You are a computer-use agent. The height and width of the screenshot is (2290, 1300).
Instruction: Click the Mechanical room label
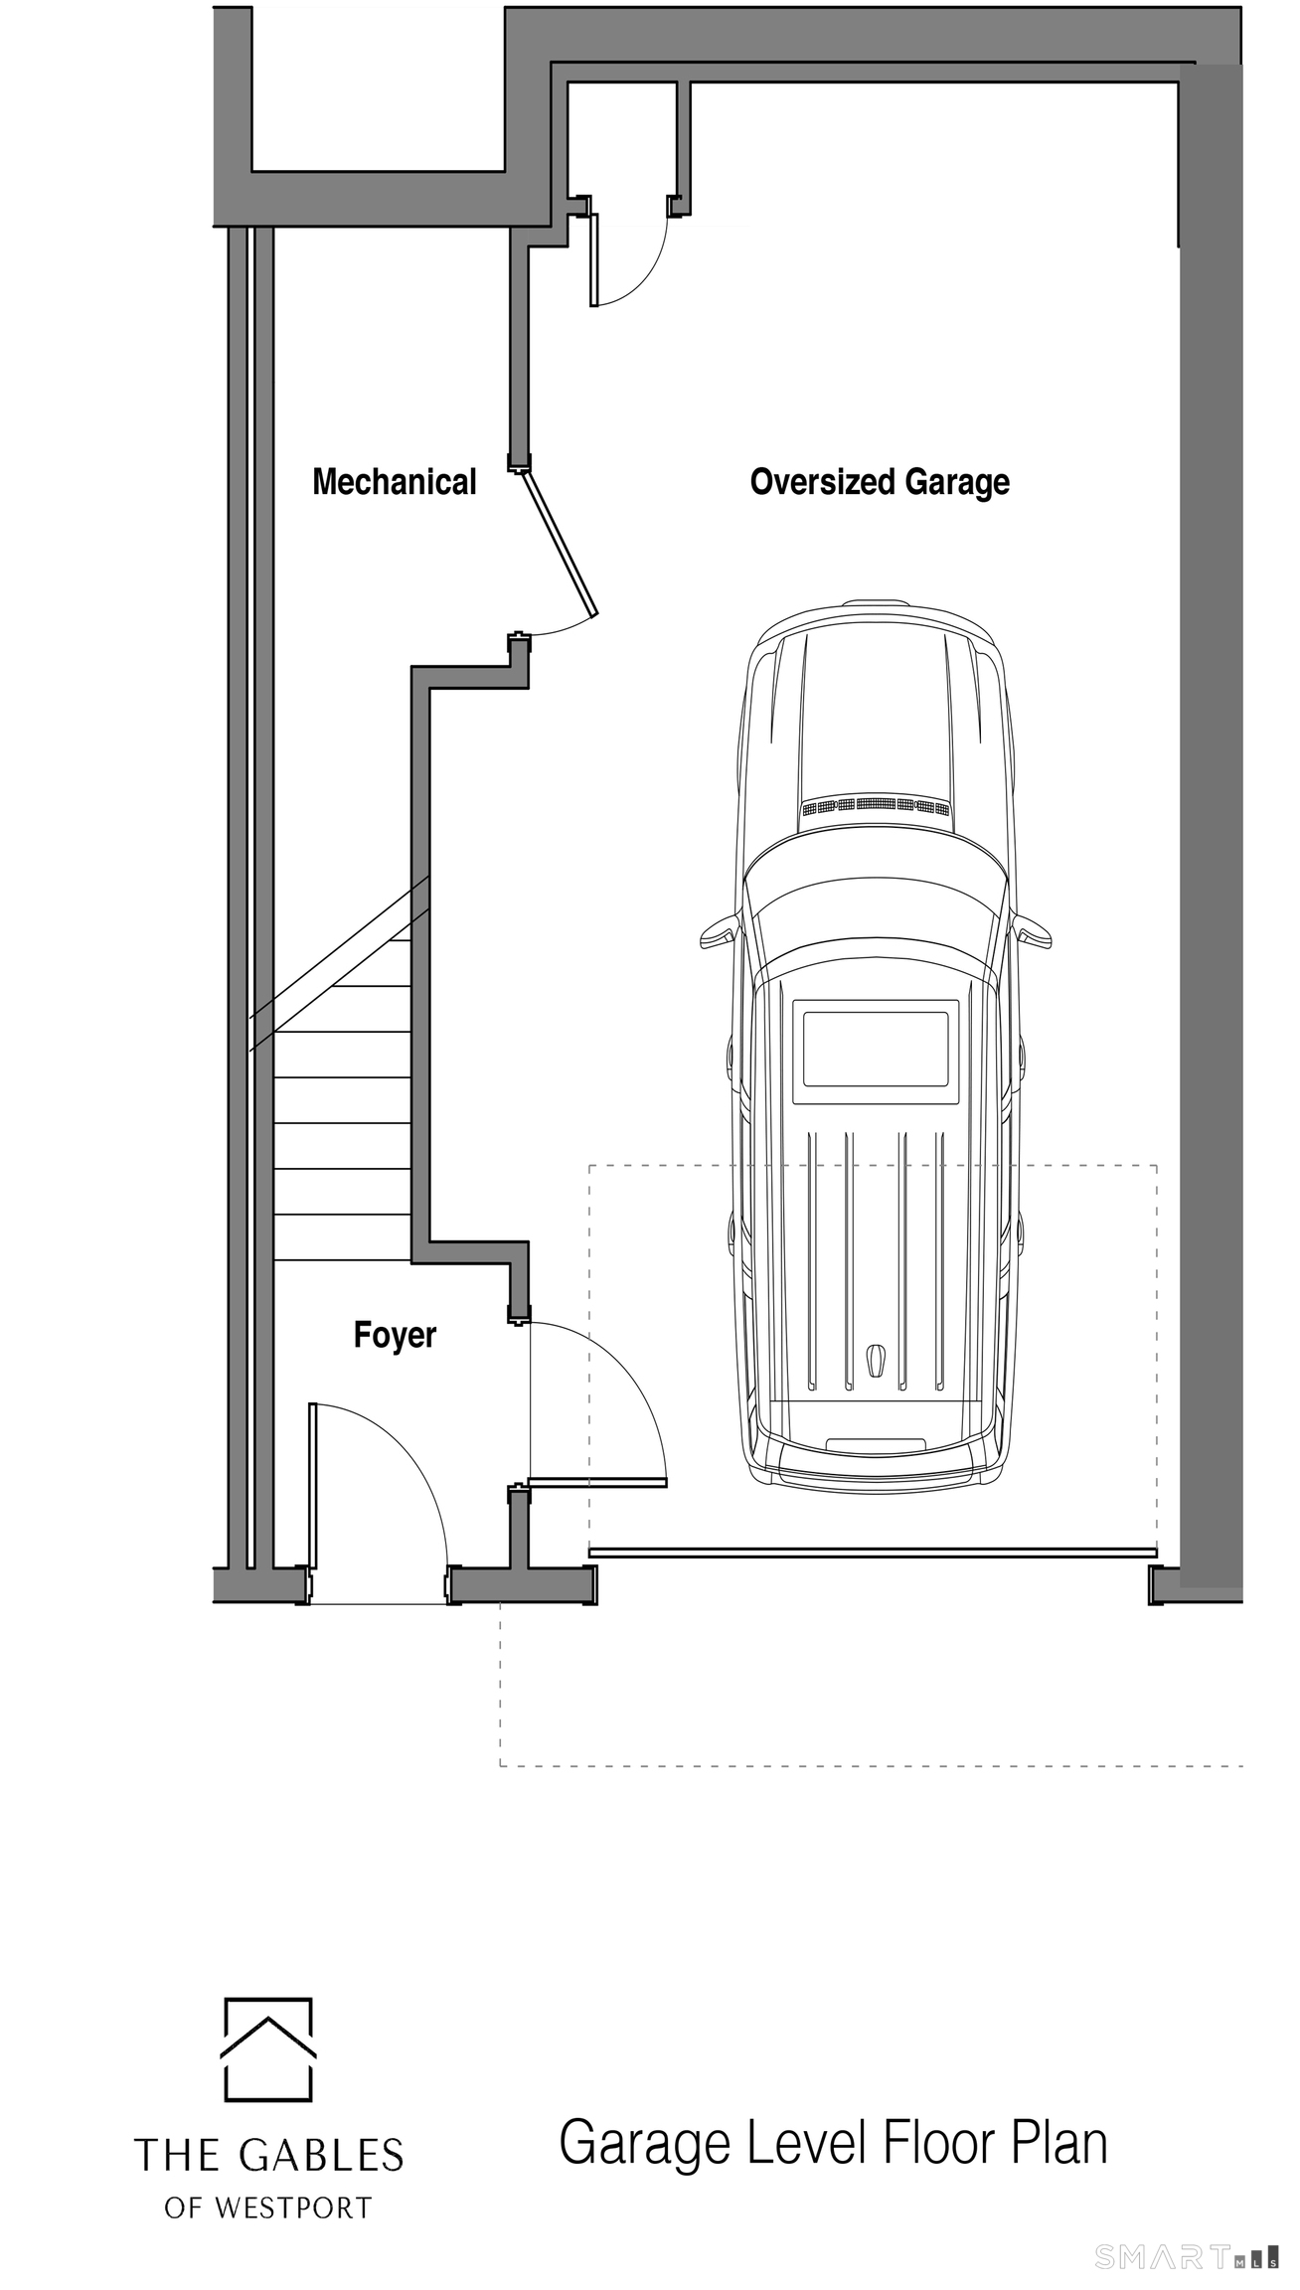pos(395,482)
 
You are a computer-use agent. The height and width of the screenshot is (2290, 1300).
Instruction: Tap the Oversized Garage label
pos(880,482)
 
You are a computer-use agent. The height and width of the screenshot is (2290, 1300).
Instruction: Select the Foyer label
pos(395,1335)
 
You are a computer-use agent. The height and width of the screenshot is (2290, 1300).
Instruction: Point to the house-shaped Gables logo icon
pos(268,2049)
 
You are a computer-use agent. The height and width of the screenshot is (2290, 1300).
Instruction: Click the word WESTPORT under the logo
pos(293,2208)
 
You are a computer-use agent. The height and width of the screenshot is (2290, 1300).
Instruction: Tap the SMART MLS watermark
pos(1187,2258)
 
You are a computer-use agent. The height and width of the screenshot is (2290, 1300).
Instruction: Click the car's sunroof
pos(876,1049)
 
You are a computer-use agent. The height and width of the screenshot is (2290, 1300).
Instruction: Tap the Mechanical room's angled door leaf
pos(559,544)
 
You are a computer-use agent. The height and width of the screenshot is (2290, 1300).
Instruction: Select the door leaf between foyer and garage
pos(597,1483)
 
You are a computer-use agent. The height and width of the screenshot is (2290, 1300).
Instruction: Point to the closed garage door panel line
pos(874,1552)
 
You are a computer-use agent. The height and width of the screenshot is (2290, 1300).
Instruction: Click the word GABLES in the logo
pos(321,2156)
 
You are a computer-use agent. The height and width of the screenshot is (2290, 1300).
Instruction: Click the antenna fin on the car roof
pos(875,1361)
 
